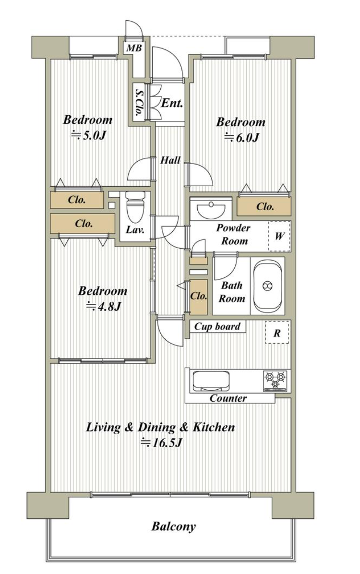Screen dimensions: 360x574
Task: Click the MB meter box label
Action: (x=133, y=48)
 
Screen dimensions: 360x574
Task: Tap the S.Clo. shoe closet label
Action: (x=139, y=103)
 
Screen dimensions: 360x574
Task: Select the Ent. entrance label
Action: (x=172, y=103)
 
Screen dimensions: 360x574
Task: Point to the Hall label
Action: (x=170, y=160)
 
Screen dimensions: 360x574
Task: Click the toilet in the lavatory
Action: (x=133, y=207)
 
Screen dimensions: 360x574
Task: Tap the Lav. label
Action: (x=134, y=230)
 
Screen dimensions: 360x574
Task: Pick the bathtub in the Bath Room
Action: (x=267, y=286)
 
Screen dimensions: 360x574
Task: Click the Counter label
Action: (x=228, y=398)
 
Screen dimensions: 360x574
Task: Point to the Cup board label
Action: (x=217, y=326)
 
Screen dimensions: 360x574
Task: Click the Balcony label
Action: (x=174, y=527)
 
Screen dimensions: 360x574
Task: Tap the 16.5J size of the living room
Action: (x=161, y=443)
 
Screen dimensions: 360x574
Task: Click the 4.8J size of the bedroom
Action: (x=103, y=306)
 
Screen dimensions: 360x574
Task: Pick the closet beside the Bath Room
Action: (x=199, y=297)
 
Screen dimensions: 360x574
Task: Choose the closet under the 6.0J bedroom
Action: (x=264, y=206)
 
